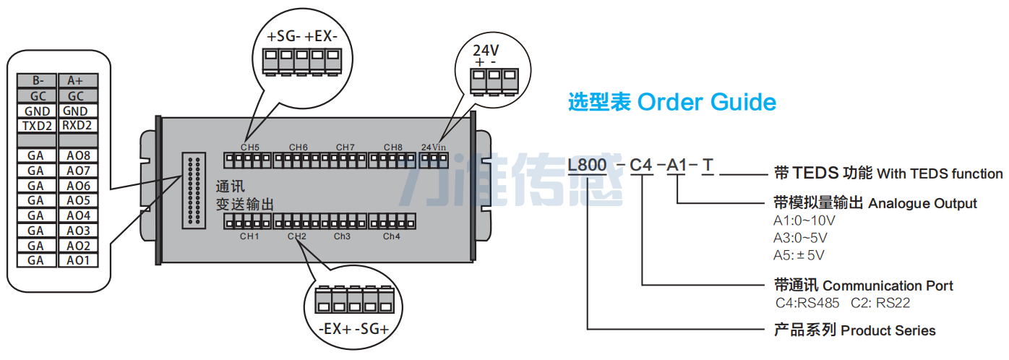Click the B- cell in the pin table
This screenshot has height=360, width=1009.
click(x=38, y=81)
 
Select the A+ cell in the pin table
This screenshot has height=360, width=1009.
click(x=75, y=81)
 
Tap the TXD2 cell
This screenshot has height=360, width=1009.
click(x=38, y=126)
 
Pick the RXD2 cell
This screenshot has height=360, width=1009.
click(x=75, y=126)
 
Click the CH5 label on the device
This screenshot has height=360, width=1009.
click(x=250, y=147)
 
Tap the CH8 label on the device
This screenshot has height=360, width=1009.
click(x=392, y=147)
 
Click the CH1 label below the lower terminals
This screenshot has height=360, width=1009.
click(x=249, y=236)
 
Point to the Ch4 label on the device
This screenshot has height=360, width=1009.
click(x=391, y=236)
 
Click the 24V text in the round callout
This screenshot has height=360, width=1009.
click(x=486, y=51)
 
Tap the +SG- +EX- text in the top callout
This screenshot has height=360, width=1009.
click(x=302, y=36)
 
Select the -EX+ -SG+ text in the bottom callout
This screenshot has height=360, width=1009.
click(x=353, y=329)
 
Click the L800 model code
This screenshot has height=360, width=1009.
click(x=587, y=166)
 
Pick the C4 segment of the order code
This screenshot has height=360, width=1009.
click(x=641, y=166)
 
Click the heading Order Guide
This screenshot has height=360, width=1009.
click(x=706, y=103)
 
